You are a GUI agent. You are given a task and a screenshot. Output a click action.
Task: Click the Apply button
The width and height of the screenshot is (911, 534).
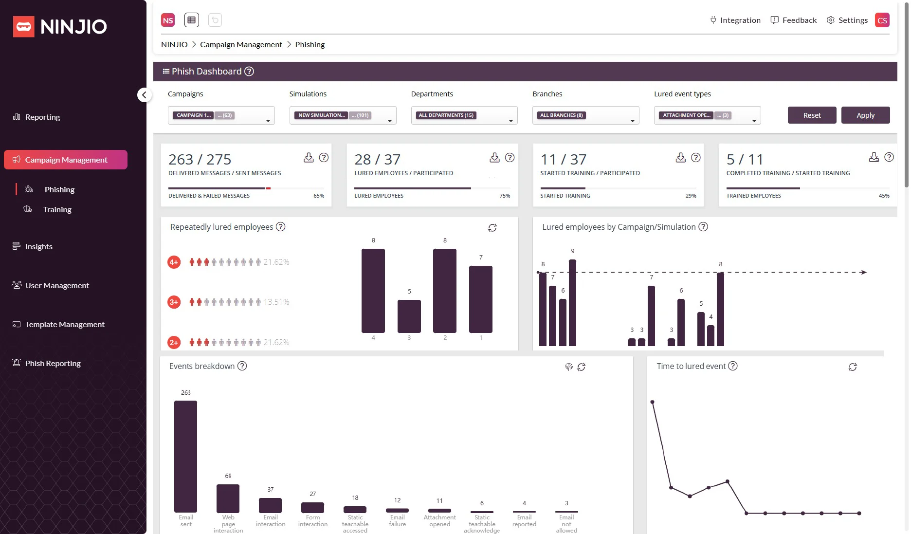pos(865,115)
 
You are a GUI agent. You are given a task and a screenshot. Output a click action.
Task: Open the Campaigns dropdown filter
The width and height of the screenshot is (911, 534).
pos(221,115)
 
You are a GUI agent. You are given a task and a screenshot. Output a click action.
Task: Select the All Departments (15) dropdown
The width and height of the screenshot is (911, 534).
pos(464,115)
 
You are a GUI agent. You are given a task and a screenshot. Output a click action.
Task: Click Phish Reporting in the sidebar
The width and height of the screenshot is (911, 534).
pos(53,363)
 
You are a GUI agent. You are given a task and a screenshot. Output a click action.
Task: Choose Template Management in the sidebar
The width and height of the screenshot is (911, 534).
pos(64,324)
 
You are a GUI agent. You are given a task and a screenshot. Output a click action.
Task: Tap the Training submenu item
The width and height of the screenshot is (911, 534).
pos(57,209)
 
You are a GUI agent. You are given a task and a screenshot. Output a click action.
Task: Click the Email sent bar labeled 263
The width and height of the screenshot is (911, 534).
pos(185,456)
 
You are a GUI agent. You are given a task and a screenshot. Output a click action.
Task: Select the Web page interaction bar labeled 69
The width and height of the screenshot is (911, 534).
pos(228,498)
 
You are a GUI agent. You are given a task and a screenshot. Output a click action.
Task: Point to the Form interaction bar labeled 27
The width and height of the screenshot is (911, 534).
pos(312,507)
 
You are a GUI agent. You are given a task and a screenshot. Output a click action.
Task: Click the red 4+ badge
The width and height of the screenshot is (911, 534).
pos(174,262)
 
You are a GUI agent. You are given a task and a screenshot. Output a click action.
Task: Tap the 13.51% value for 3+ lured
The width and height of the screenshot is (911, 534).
pos(276,302)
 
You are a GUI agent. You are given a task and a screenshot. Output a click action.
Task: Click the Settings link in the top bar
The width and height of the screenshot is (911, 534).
pos(847,20)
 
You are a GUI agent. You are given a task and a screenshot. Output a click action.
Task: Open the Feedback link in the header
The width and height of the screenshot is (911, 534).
pos(794,20)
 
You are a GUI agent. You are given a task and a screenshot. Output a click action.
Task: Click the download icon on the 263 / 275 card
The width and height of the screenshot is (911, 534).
pos(309,157)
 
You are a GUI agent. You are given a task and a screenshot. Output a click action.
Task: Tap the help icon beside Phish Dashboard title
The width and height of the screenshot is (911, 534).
pos(249,72)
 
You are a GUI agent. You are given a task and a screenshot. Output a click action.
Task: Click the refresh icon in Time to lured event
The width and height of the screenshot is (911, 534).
pos(852,367)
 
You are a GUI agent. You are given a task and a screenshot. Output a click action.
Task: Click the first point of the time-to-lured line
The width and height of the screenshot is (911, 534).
pos(652,402)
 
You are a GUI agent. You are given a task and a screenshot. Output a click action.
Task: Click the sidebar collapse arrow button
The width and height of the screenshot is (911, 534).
pos(144,95)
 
